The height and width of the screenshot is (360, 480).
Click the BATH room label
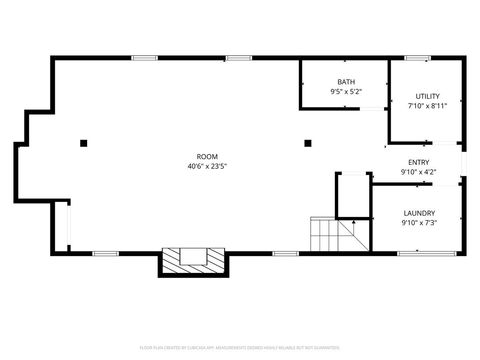tap(346, 82)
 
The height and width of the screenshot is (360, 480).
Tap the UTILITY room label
tap(428, 96)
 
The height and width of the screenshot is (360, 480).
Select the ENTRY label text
tap(419, 162)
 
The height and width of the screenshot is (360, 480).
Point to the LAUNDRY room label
tap(419, 213)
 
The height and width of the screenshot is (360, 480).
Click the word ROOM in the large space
tap(207, 156)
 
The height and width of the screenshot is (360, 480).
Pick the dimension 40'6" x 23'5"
tap(207, 166)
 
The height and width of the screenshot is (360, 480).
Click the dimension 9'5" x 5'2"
tap(346, 92)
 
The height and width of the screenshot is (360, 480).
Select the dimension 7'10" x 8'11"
tap(428, 106)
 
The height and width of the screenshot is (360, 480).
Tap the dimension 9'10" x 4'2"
tap(419, 172)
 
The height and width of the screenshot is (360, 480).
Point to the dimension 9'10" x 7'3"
tap(419, 223)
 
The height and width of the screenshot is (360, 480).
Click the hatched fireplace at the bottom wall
tap(193, 258)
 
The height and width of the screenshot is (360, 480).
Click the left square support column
tap(84, 143)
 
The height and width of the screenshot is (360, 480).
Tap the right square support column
tap(308, 143)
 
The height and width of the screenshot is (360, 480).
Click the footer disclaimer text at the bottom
tap(240, 347)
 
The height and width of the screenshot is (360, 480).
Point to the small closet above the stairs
tap(352, 195)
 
